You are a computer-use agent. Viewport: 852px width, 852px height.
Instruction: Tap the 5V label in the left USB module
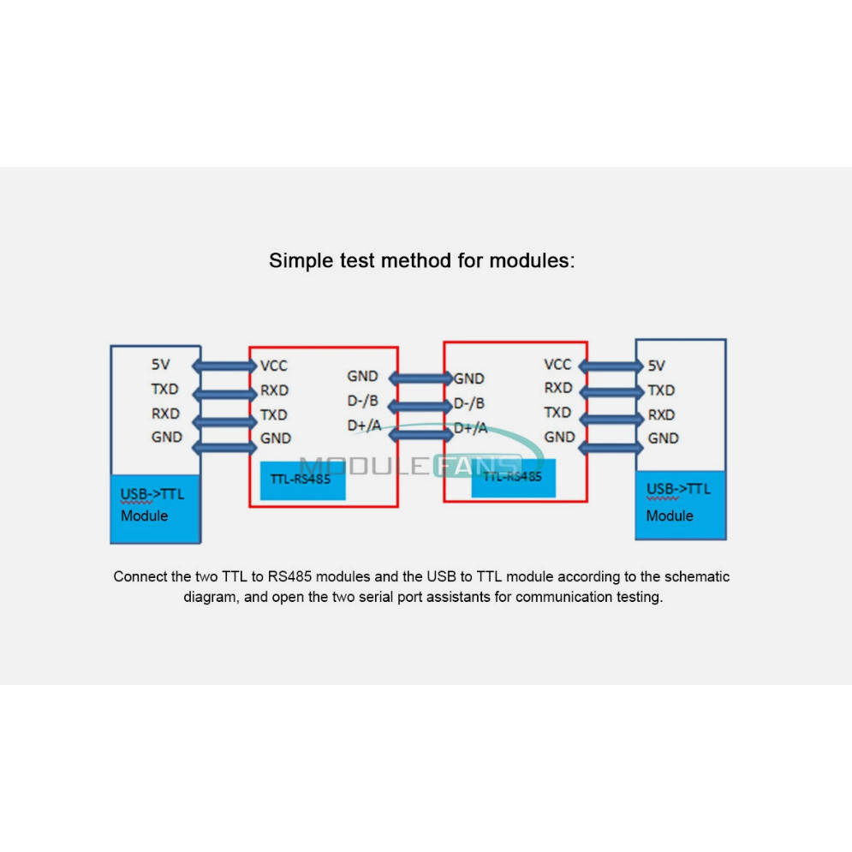[x=160, y=364]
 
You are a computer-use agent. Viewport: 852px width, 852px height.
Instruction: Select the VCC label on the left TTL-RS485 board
[x=273, y=366]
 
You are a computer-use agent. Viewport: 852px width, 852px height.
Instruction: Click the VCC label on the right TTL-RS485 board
[x=557, y=364]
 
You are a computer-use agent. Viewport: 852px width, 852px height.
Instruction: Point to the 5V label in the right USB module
[x=657, y=366]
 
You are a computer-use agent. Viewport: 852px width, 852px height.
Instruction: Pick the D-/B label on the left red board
[x=362, y=401]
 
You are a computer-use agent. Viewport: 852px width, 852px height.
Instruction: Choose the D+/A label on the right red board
[x=471, y=428]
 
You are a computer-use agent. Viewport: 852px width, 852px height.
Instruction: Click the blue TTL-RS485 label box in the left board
[x=302, y=480]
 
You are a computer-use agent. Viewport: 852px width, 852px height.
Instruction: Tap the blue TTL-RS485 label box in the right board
[x=514, y=478]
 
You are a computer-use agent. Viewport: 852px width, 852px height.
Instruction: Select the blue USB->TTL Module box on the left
[x=155, y=509]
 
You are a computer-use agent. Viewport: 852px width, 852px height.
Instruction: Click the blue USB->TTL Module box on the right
[x=681, y=505]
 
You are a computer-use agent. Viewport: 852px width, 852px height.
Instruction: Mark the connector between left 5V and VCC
[x=224, y=366]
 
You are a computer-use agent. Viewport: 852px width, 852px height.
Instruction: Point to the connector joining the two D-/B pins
[x=420, y=406]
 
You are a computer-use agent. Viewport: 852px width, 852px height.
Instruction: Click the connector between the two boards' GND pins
[x=420, y=378]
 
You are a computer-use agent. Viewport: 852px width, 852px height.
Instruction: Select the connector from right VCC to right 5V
[x=611, y=366]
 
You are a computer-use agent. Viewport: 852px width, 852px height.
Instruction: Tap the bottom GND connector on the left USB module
[x=224, y=448]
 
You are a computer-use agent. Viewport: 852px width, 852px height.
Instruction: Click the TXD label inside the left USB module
[x=164, y=389]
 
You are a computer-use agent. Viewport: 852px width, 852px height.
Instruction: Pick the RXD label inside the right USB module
[x=661, y=415]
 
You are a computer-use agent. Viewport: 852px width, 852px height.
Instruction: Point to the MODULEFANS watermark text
[x=410, y=466]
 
